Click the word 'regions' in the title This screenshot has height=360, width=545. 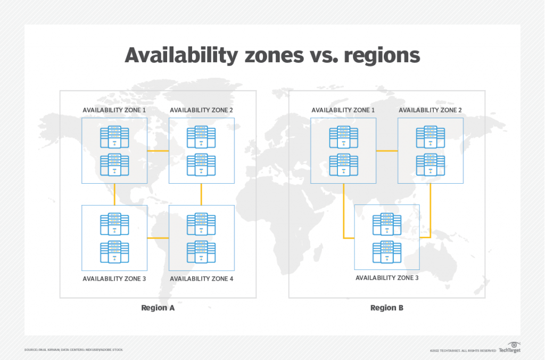coord(384,55)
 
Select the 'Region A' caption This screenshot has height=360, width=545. coord(158,308)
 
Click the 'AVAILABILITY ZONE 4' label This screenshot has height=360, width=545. coord(201,279)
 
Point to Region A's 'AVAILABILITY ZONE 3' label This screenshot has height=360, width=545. coord(114,279)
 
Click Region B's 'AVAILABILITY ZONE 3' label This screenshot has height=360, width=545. coord(387,278)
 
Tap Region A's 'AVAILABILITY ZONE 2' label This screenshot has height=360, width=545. coord(201,110)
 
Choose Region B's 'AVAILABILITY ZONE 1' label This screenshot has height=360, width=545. coord(343,110)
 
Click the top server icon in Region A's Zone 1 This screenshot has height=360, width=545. coord(114,137)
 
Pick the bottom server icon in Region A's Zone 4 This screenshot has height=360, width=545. coord(201,252)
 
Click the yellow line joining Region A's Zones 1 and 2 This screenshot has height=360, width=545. coord(158,151)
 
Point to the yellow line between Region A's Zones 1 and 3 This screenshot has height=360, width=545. coord(114,194)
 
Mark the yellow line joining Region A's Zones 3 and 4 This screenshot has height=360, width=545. coord(158,238)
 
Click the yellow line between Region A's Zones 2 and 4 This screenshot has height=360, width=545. coord(201,194)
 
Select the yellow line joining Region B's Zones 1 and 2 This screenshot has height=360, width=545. coord(387,151)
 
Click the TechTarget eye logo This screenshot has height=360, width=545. coord(514,346)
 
